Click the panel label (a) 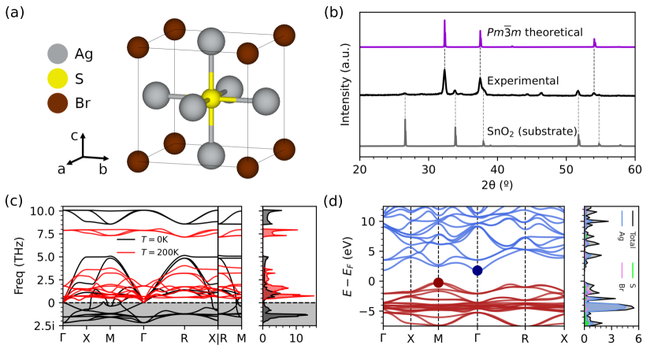tap(17, 13)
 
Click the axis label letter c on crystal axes tap(73, 135)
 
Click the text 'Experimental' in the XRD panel tap(523, 81)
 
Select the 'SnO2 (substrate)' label tap(532, 130)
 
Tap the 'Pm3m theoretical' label tap(533, 32)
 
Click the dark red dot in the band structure tap(438, 283)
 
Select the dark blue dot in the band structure tap(477, 270)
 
